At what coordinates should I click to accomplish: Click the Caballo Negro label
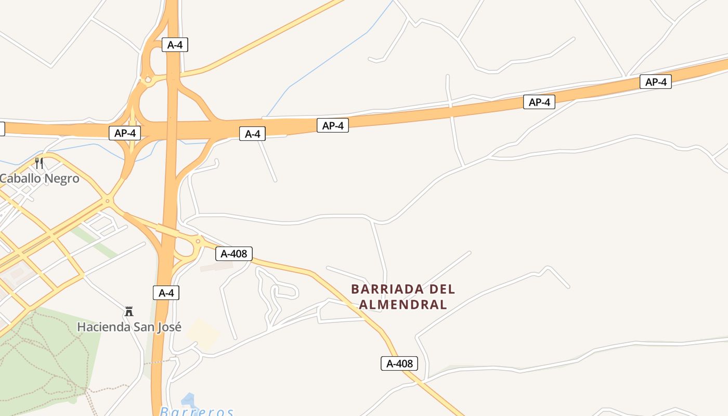coord(40,178)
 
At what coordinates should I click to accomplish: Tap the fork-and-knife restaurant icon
coord(39,163)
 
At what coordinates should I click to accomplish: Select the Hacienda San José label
coord(129,327)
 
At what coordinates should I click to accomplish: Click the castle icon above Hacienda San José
coord(129,311)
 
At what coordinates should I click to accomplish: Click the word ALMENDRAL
coord(403,305)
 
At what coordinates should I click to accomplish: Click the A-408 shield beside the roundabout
coord(234,254)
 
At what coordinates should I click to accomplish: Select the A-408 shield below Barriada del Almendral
coord(399,363)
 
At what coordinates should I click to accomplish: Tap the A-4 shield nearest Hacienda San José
coord(166,293)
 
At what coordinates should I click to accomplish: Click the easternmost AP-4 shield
coord(655,82)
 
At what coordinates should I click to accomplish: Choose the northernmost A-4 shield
coord(175,45)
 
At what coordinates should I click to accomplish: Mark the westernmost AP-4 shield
coord(125,133)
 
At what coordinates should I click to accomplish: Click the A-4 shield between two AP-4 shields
coord(252,134)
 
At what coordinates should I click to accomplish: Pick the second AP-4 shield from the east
coord(539,102)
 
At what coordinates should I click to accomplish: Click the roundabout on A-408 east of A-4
coord(198,241)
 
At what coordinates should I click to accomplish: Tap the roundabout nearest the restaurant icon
coord(108,200)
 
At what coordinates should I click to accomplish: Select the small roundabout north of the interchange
coord(148,80)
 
